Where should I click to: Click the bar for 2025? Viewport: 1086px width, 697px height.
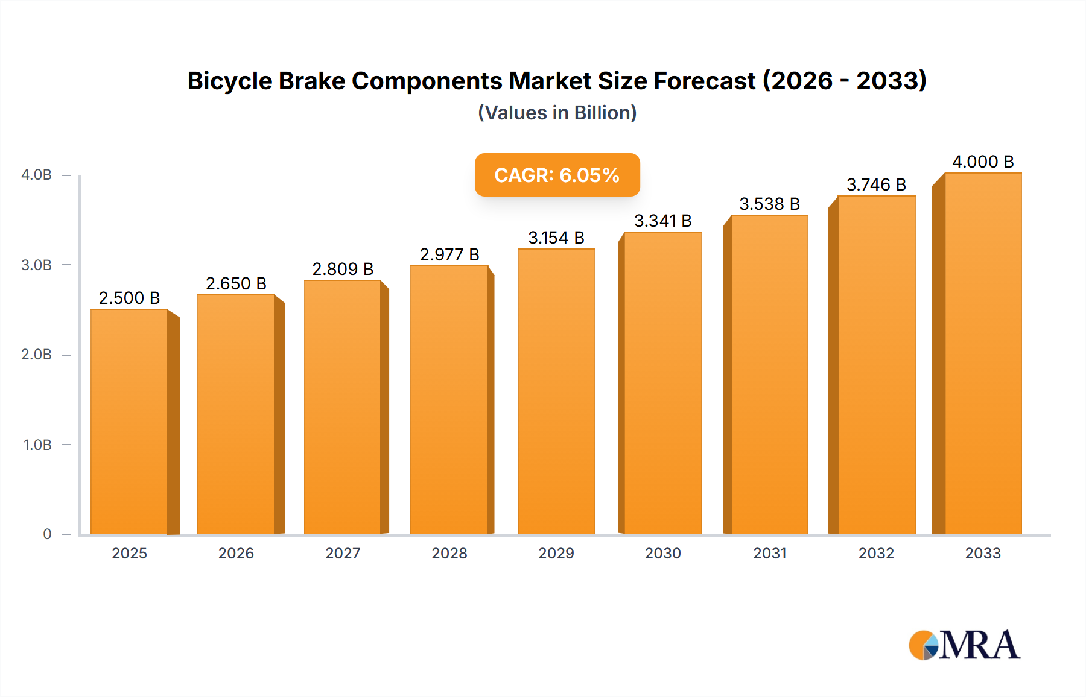[x=129, y=422]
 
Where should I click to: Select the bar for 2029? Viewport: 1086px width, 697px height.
[x=556, y=392]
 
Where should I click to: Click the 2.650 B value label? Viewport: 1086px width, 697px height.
[x=236, y=283]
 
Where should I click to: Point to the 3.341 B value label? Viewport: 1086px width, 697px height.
[x=662, y=221]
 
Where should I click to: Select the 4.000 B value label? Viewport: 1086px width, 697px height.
[x=983, y=162]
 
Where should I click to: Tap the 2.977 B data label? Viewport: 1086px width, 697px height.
[x=449, y=254]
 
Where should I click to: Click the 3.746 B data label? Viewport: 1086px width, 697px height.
[x=876, y=184]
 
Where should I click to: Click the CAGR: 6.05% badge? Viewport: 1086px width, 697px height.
[x=557, y=175]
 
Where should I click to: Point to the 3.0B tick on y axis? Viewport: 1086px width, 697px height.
[x=37, y=265]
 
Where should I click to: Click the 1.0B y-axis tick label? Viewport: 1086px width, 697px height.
[x=37, y=444]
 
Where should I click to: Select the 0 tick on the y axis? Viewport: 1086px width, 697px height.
[x=47, y=534]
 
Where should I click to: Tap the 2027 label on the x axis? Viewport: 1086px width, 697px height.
[x=343, y=553]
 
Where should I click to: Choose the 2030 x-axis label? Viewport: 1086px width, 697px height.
[x=662, y=553]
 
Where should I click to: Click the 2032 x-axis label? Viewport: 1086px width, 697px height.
[x=876, y=553]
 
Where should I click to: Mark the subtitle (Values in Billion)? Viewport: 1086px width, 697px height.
[x=557, y=113]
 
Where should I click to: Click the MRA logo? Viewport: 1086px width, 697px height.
[x=964, y=645]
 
